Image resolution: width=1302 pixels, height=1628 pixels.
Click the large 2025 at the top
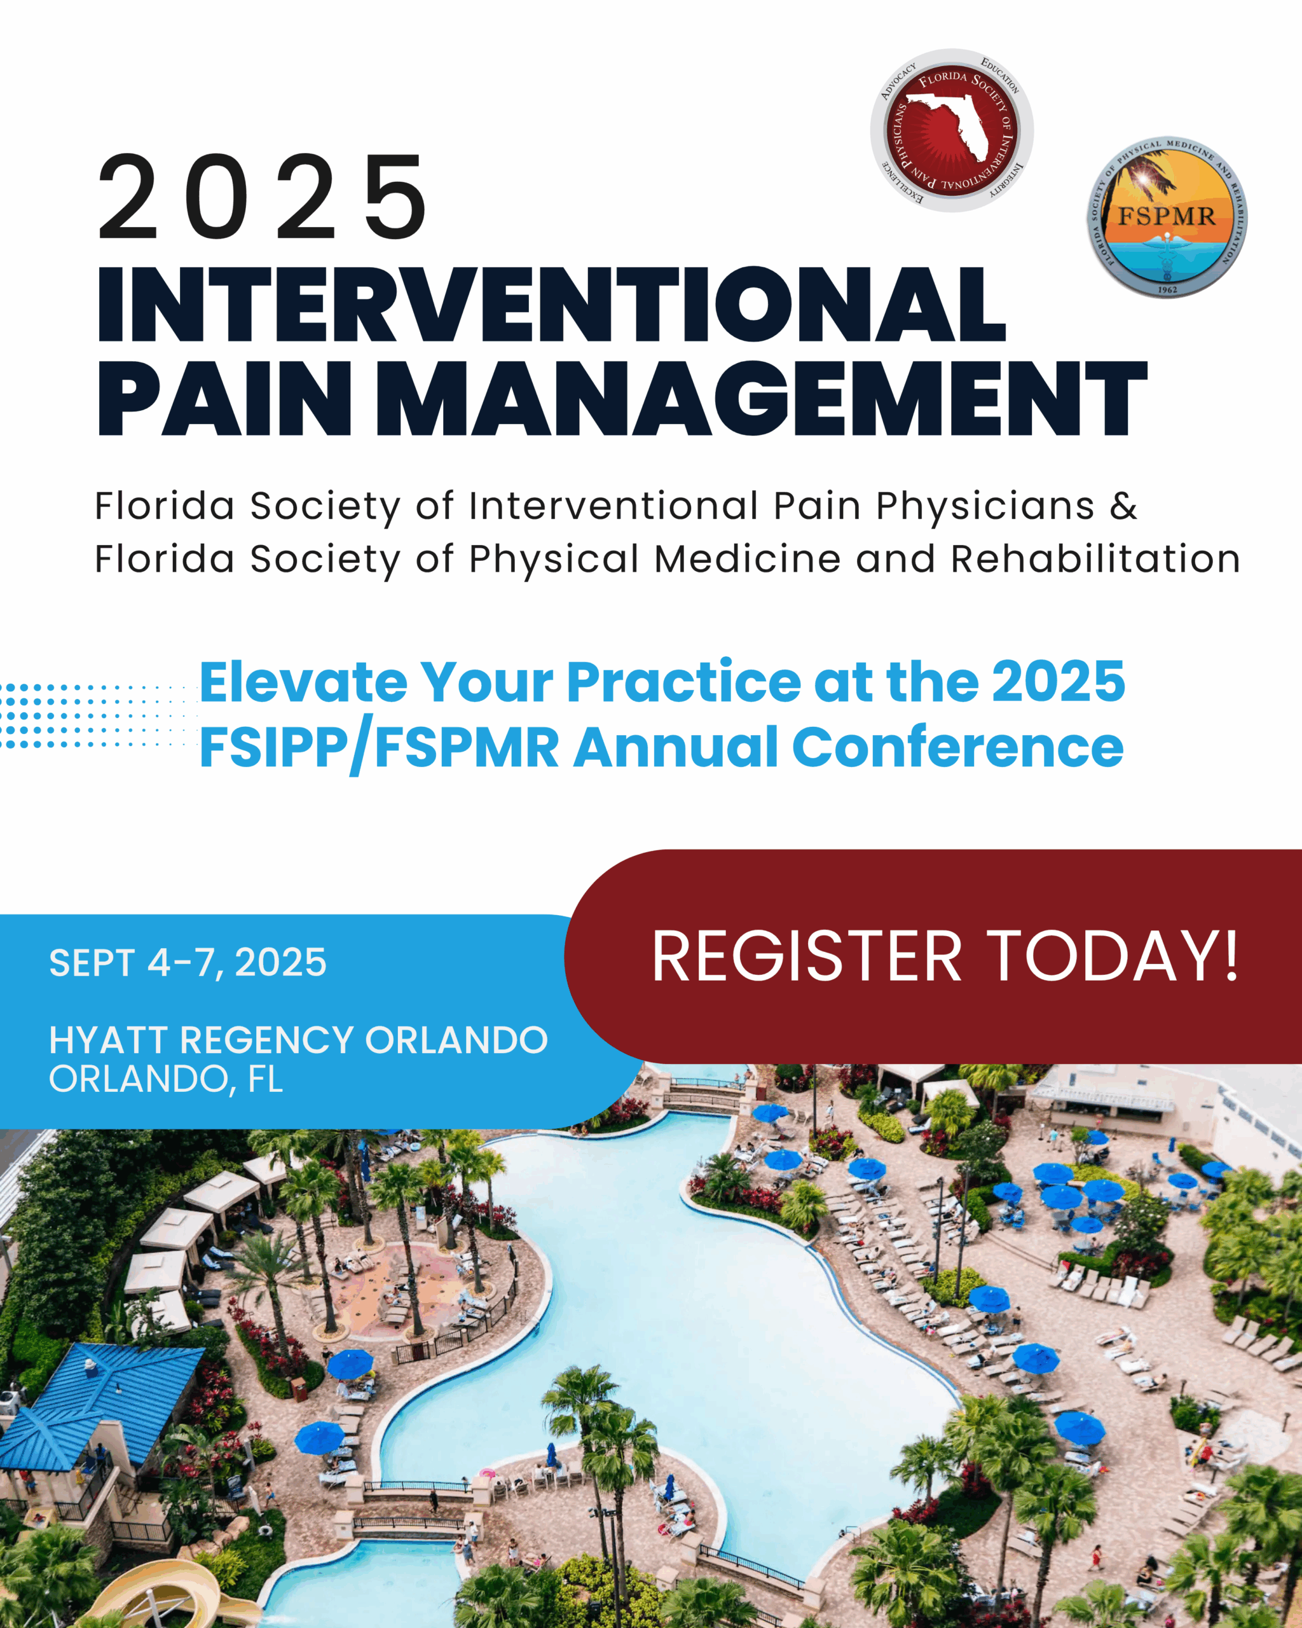pos(263,197)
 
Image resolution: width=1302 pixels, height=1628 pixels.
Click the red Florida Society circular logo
pos(952,130)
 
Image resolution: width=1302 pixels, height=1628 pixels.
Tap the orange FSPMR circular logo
pos(1166,217)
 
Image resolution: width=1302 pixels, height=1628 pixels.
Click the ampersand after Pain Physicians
pos(1123,506)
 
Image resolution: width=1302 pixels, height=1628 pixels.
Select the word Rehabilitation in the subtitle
pos(1095,560)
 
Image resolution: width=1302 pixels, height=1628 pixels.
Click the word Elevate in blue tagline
pos(303,682)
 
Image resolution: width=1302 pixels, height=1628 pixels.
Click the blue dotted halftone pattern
pos(98,715)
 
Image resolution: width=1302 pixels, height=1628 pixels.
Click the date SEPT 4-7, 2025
pos(188,963)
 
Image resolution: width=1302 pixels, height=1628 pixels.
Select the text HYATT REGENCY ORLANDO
pos(298,1040)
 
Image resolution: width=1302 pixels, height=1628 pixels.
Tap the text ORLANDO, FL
pos(166,1080)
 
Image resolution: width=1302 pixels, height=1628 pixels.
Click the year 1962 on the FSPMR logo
pos(1167,289)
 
